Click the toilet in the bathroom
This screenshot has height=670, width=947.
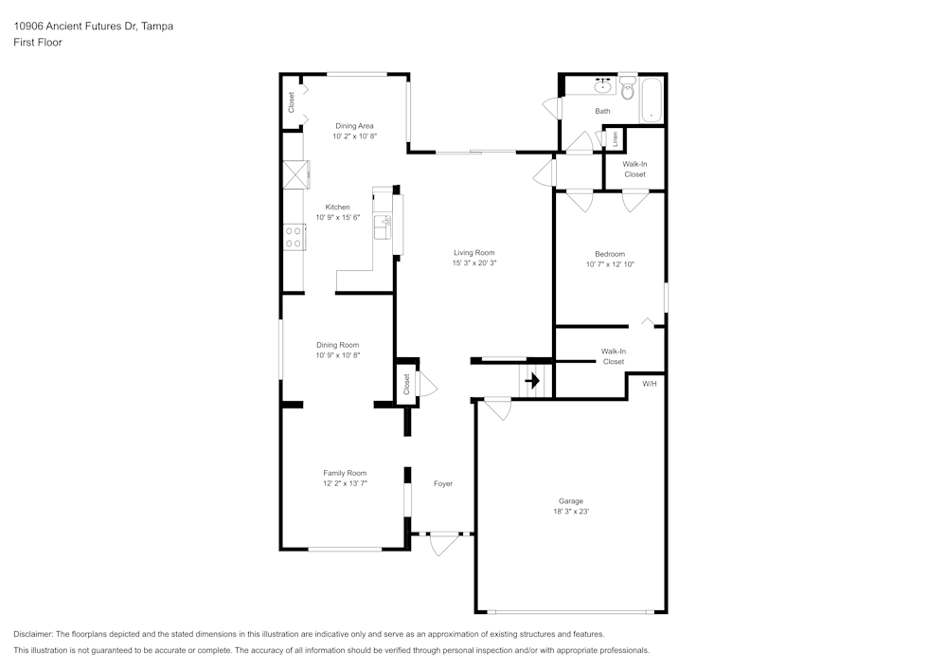(627, 91)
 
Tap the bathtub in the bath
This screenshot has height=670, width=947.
(653, 99)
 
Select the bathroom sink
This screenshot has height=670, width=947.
(602, 87)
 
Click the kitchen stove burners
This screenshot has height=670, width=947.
(293, 237)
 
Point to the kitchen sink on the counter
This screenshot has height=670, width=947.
(384, 228)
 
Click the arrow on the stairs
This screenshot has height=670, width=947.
(533, 381)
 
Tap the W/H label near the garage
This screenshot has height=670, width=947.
(649, 384)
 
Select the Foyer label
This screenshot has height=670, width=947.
(443, 483)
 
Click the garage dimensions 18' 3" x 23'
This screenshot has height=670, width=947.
(570, 511)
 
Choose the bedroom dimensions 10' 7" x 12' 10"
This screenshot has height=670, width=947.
(610, 264)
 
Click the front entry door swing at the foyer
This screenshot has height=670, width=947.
(442, 545)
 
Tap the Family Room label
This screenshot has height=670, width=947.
(345, 473)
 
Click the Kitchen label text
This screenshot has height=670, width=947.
(338, 207)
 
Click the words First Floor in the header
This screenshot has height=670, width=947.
(38, 43)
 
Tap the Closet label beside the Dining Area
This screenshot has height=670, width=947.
(292, 102)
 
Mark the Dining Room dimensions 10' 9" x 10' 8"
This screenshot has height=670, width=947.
(338, 355)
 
